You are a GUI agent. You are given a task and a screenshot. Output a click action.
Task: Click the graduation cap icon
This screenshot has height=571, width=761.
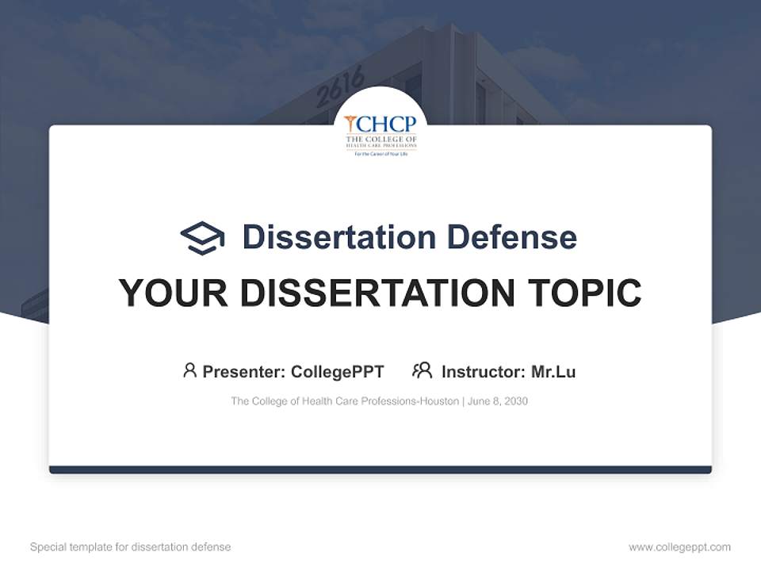(x=202, y=237)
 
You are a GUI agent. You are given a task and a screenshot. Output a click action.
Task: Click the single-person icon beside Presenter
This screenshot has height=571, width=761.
(x=189, y=370)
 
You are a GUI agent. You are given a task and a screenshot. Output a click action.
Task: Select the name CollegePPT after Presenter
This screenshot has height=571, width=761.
(x=337, y=371)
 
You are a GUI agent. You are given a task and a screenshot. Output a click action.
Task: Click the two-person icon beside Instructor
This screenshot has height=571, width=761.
(x=422, y=370)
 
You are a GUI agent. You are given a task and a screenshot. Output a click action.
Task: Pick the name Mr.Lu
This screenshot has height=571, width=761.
(x=553, y=371)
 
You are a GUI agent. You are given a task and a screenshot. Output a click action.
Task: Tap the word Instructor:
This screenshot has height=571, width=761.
(x=483, y=371)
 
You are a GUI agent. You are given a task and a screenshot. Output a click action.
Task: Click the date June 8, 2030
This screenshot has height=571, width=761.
(x=498, y=401)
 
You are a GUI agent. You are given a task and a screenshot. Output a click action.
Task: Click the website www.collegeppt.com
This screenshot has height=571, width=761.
(x=679, y=547)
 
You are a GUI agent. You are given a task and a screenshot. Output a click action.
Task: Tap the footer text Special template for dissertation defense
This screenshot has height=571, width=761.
(x=131, y=547)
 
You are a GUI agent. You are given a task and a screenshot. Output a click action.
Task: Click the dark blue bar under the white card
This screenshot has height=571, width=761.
(x=380, y=469)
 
